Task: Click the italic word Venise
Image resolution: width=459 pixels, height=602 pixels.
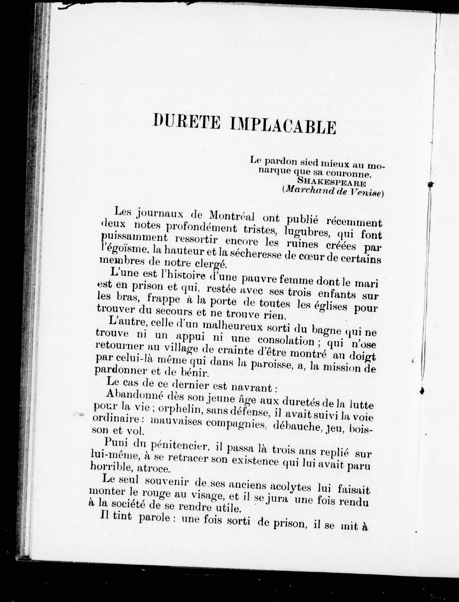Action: [x=365, y=192]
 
